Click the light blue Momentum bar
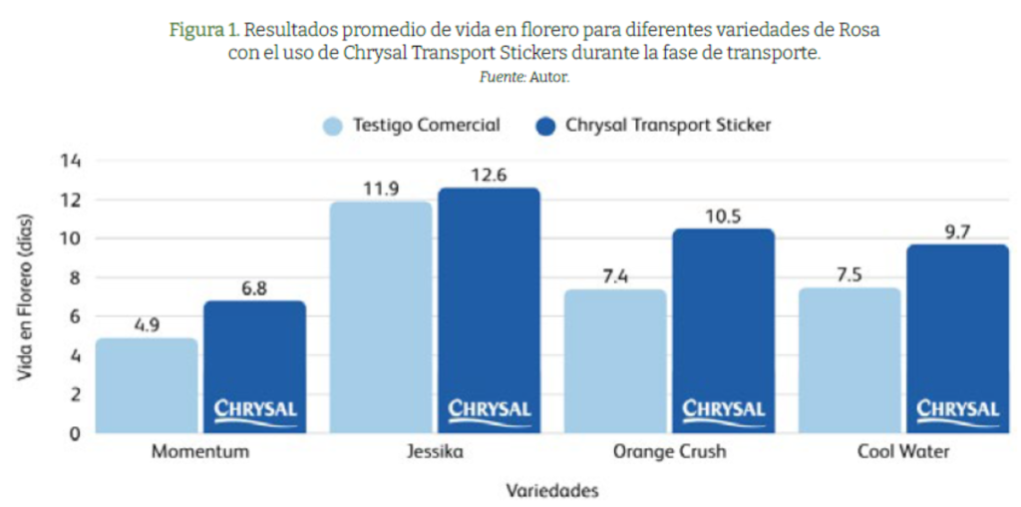[146, 385]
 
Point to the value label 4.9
[146, 325]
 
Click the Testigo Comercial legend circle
[333, 127]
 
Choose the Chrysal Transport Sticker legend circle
[544, 127]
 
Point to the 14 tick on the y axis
[72, 161]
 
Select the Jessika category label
[435, 452]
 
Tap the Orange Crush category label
[670, 452]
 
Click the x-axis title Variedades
[551, 491]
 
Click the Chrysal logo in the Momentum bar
[255, 410]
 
